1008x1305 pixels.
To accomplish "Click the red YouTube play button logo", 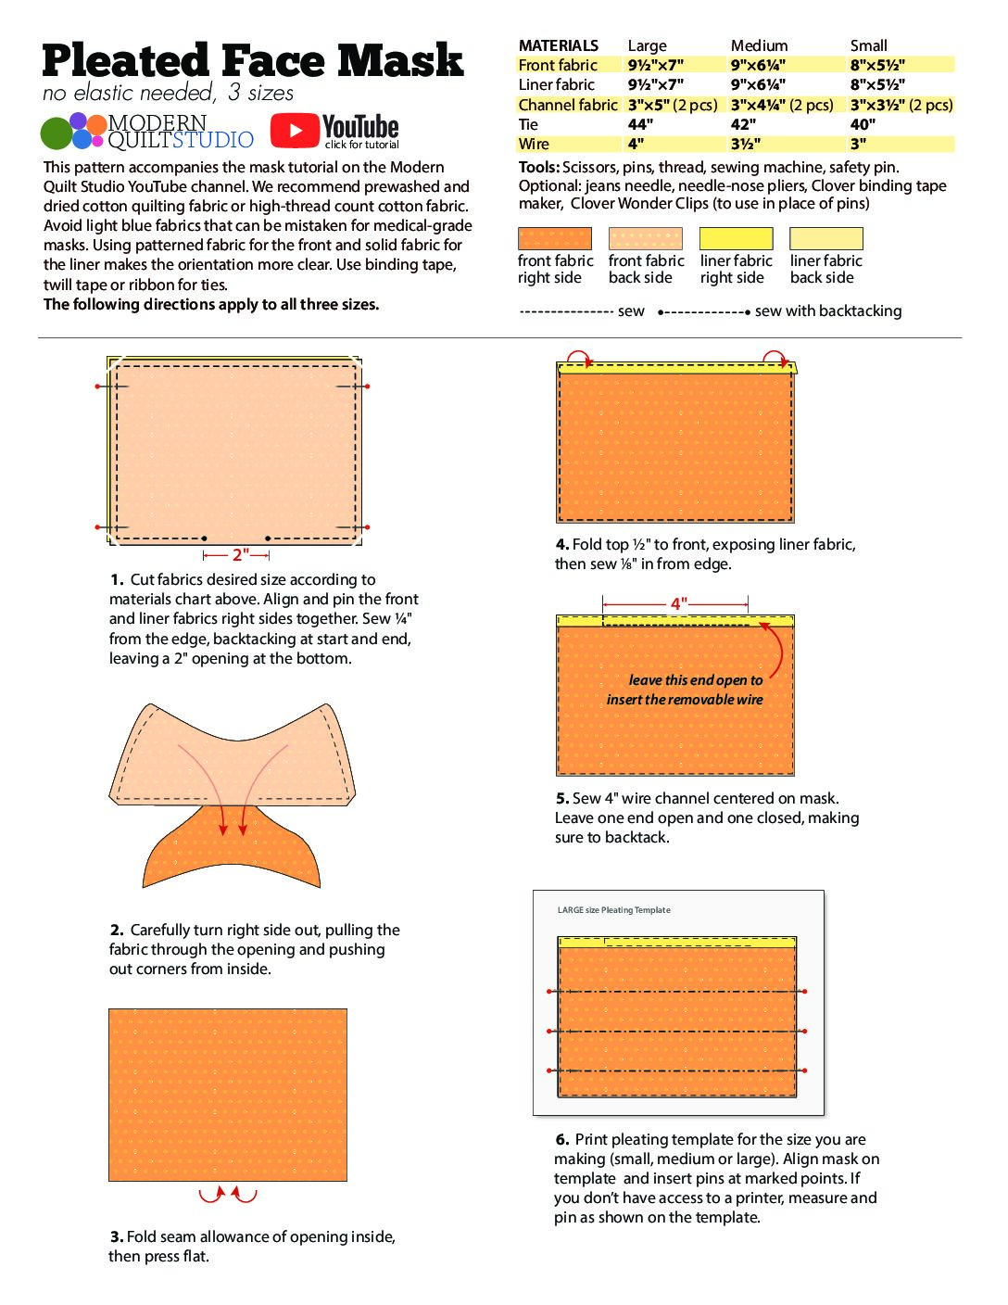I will [295, 131].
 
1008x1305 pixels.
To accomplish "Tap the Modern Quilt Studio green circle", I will [56, 133].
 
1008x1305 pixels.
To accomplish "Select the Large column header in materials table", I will [647, 45].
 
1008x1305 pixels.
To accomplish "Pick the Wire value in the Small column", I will [859, 144].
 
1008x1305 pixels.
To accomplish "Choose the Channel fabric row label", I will [567, 105].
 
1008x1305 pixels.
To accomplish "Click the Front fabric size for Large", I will [655, 65].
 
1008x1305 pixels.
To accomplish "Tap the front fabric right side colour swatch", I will [554, 238].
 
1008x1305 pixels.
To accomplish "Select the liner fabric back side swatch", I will [825, 238].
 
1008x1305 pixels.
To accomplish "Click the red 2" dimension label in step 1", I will [239, 555].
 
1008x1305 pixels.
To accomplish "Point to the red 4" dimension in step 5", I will [679, 604].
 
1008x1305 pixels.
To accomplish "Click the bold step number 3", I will [116, 1236].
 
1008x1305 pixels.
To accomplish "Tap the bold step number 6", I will [562, 1139].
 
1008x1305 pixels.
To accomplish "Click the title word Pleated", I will [126, 61].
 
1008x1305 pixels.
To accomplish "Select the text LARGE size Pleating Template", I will [613, 910].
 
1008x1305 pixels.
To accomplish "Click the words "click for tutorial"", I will [361, 145].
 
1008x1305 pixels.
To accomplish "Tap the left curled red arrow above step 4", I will [577, 359].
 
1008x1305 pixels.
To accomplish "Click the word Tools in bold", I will [537, 167].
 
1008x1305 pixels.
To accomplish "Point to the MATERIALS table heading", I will [558, 45].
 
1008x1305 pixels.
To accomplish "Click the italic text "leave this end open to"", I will [695, 679].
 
